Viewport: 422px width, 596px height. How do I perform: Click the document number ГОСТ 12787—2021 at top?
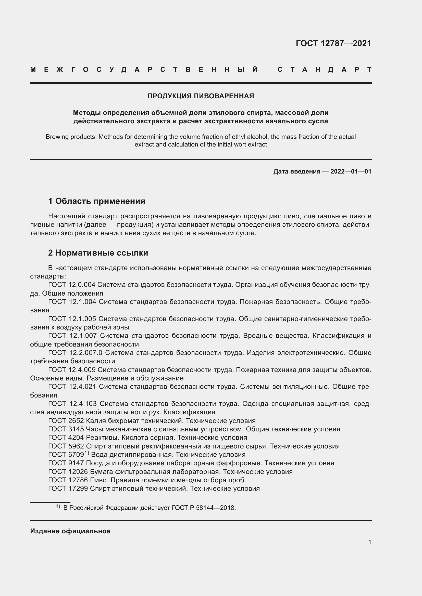pos(333,43)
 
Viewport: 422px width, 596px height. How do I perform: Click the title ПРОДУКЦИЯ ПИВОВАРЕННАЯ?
pos(201,96)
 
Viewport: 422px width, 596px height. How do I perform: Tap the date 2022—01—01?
pos(351,171)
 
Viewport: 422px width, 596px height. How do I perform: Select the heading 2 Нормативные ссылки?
pos(98,253)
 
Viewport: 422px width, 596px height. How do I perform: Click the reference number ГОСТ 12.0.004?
pos(72,285)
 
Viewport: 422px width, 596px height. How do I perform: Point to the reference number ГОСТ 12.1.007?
pos(72,336)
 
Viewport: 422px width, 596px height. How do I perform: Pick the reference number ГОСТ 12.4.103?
pos(72,403)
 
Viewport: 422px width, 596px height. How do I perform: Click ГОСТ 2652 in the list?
pos(66,420)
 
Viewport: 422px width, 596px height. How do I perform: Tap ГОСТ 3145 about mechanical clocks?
pos(66,429)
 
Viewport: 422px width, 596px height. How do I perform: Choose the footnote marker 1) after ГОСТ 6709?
pos(87,453)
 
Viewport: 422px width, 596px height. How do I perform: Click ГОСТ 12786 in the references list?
pos(68,480)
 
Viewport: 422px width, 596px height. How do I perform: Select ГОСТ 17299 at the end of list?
pos(68,488)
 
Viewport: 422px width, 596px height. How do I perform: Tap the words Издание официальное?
pos(70,531)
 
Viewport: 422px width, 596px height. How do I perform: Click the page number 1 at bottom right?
pos(370,542)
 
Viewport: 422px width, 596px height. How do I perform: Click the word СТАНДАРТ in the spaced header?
pos(324,70)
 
